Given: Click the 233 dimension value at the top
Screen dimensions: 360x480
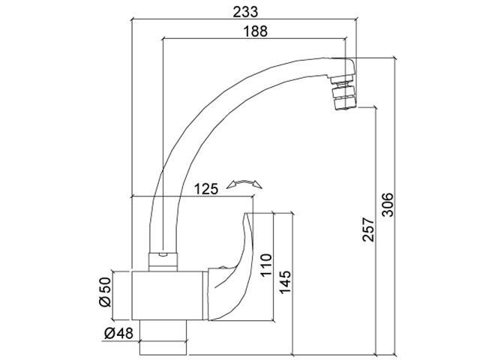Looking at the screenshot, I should click(241, 11).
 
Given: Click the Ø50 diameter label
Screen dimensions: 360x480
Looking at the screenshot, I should click(106, 291).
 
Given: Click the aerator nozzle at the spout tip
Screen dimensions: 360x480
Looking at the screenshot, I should click(343, 90).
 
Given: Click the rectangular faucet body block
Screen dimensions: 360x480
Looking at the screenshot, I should click(169, 296).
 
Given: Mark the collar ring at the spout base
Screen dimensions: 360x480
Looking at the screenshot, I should click(163, 260).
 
